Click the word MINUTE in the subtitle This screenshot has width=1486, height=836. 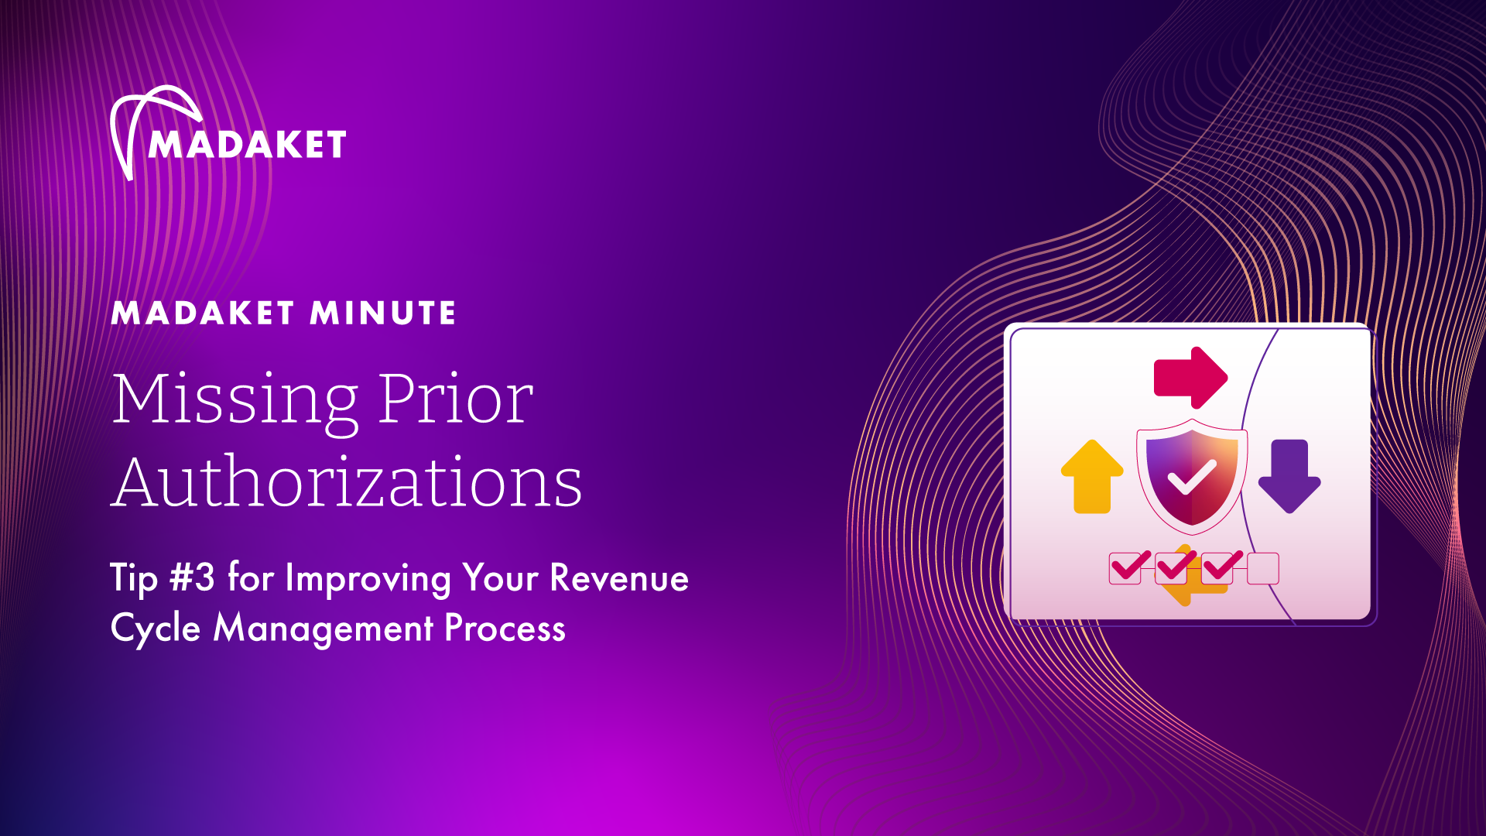click(x=383, y=313)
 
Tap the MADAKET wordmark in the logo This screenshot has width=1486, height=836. click(x=247, y=145)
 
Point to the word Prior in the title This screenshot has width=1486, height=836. click(x=456, y=398)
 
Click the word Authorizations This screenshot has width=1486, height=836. click(x=347, y=481)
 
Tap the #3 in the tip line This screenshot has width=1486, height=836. click(x=193, y=577)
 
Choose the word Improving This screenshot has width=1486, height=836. click(x=368, y=580)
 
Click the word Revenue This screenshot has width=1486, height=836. click(x=619, y=578)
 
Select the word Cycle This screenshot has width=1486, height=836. click(x=156, y=629)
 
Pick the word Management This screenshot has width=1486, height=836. click(x=324, y=629)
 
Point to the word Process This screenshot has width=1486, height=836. click(x=505, y=628)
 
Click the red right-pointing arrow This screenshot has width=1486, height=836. click(x=1190, y=378)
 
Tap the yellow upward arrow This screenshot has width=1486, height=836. click(x=1092, y=477)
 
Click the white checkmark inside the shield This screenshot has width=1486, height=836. click(x=1192, y=477)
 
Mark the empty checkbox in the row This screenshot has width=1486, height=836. click(x=1263, y=569)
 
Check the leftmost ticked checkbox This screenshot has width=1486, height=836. click(x=1126, y=568)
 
